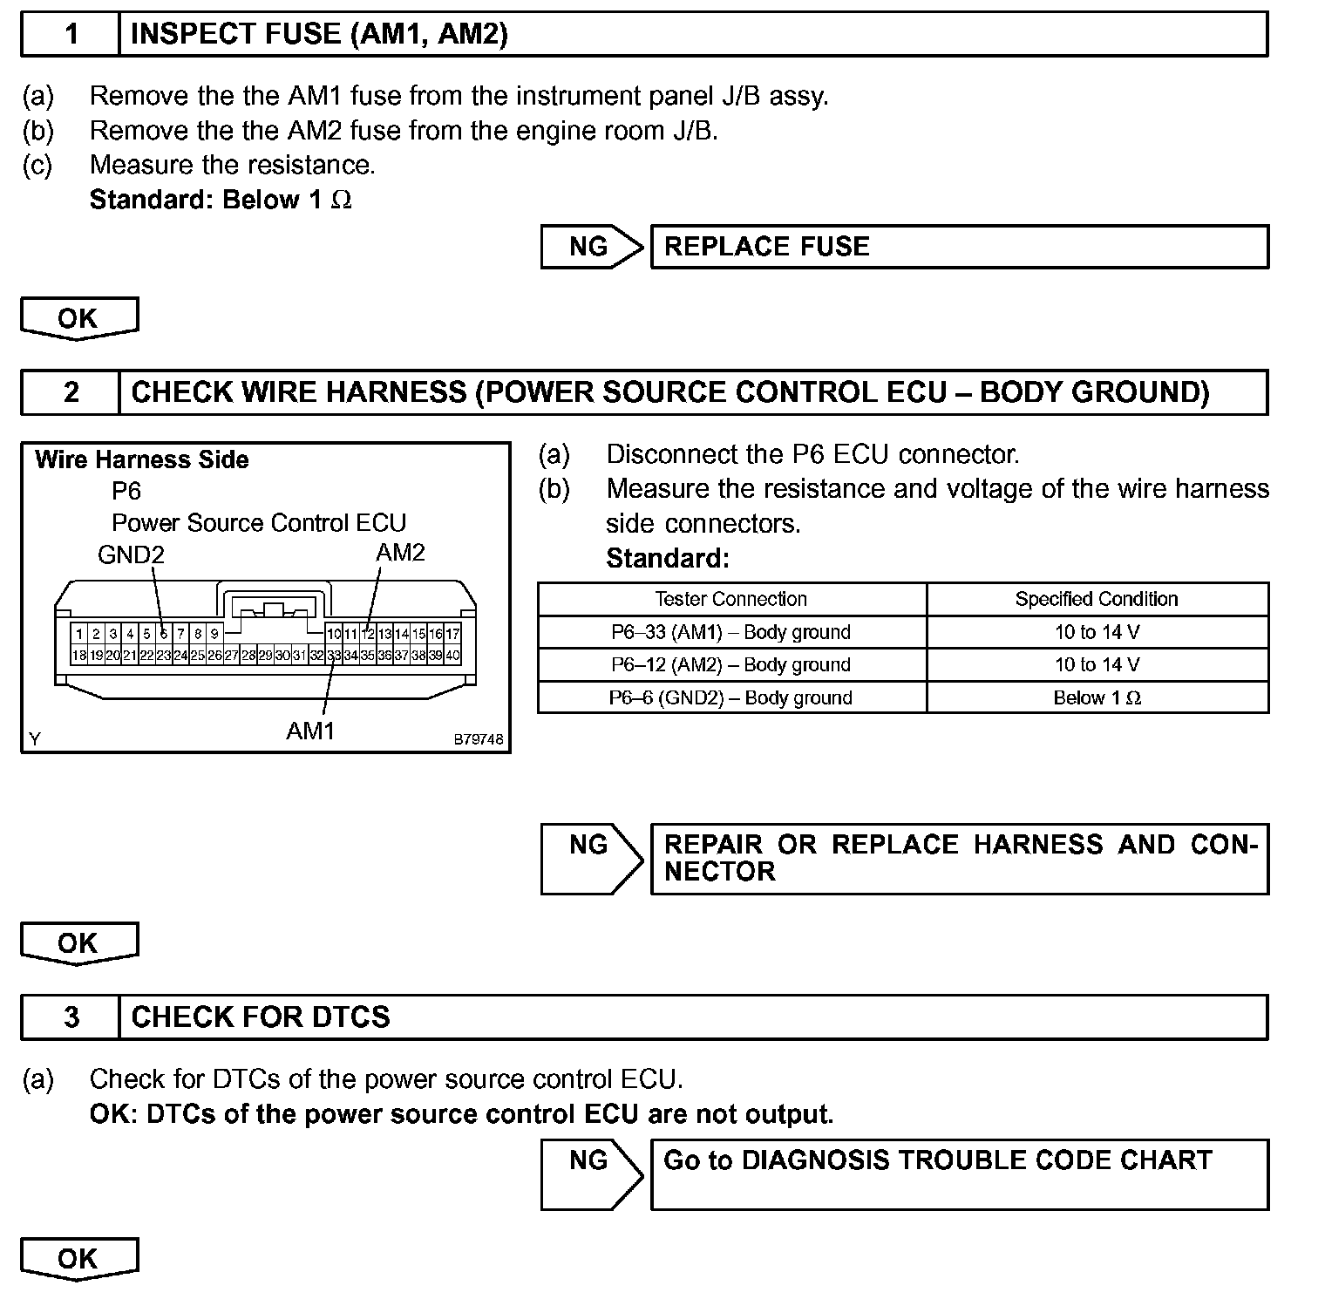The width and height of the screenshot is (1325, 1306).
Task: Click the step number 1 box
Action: [x=71, y=34]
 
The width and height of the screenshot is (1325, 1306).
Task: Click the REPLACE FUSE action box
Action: [x=959, y=247]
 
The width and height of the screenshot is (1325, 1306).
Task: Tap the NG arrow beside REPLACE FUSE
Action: [x=591, y=247]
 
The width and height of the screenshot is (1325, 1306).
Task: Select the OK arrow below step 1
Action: [x=78, y=318]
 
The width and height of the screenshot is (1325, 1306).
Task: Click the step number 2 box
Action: [x=71, y=392]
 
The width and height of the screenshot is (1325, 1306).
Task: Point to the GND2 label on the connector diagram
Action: [x=131, y=554]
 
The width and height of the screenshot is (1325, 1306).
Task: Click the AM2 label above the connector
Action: [x=400, y=553]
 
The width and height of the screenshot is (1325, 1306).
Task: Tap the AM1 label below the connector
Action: [x=310, y=731]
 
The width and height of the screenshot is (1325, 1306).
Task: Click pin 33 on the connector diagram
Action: [x=334, y=656]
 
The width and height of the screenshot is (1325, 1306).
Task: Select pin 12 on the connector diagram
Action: [x=368, y=634]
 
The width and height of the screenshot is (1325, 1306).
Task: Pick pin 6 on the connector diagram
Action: [x=163, y=634]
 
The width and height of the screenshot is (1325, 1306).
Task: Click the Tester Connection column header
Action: [x=731, y=599]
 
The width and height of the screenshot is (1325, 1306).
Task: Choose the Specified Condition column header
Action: [x=1097, y=599]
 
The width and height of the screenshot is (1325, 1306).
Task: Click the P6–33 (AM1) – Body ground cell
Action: [x=731, y=632]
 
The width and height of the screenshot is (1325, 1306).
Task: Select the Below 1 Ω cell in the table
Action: [x=1097, y=697]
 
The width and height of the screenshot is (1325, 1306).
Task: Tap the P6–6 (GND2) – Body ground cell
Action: [x=731, y=697]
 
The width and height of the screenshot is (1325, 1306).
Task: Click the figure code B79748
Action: [x=478, y=739]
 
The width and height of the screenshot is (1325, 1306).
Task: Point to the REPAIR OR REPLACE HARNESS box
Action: [x=959, y=858]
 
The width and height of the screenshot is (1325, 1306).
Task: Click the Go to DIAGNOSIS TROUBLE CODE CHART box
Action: [x=959, y=1173]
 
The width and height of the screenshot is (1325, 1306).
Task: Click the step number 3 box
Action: [x=71, y=1017]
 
